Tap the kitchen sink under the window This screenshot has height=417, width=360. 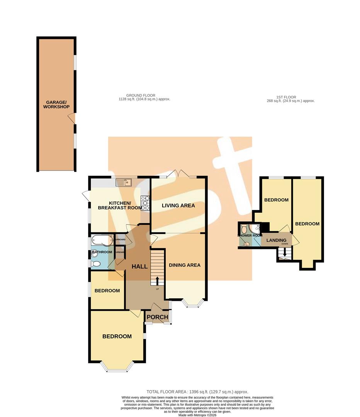pyautogui.click(x=125, y=182)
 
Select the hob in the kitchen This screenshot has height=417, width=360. pyautogui.click(x=146, y=203)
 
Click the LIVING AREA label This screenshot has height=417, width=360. pyautogui.click(x=178, y=205)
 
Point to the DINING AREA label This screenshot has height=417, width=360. pyautogui.click(x=185, y=265)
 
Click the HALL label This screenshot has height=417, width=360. pyautogui.click(x=139, y=266)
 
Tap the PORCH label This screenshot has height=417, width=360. pyautogui.click(x=158, y=317)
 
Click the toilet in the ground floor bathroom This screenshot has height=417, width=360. pyautogui.click(x=95, y=264)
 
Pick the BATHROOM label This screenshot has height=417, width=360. pyautogui.click(x=102, y=252)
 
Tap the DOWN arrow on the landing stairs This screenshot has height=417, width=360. pyautogui.click(x=285, y=253)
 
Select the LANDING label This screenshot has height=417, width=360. pyautogui.click(x=276, y=240)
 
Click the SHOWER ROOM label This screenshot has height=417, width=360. pyautogui.click(x=250, y=235)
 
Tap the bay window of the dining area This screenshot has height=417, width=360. pyautogui.click(x=193, y=304)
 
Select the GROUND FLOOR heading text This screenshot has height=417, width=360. pyautogui.click(x=144, y=97)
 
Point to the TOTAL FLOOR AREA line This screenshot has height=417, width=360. pyautogui.click(x=197, y=392)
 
